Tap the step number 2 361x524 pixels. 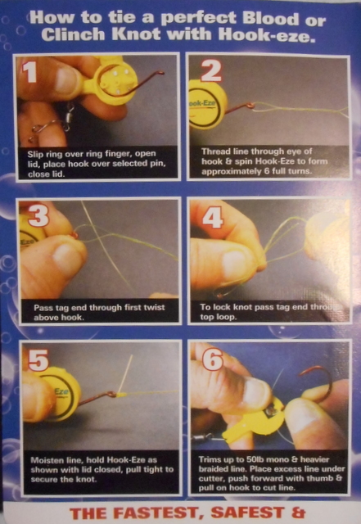(211, 71)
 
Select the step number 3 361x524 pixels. (38, 215)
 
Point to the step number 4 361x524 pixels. (213, 218)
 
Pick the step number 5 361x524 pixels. (38, 360)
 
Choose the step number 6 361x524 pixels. (214, 359)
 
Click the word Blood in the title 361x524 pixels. (271, 18)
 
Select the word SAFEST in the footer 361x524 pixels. (247, 513)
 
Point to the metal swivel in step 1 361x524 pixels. (69, 115)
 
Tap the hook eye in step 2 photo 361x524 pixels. (250, 106)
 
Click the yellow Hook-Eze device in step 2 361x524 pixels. (207, 105)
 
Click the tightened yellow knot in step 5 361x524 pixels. (121, 395)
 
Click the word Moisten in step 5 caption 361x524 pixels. (45, 460)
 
